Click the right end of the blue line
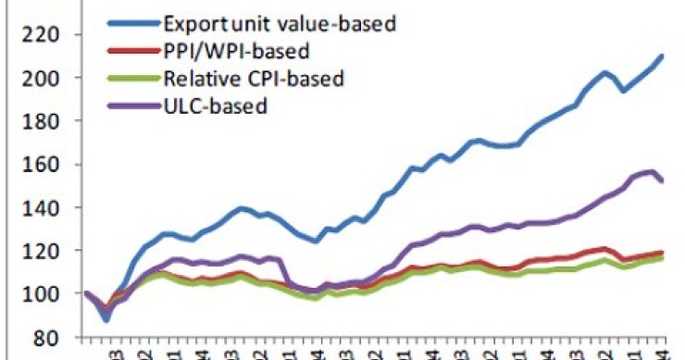pyautogui.click(x=661, y=56)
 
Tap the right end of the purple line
pyautogui.click(x=661, y=180)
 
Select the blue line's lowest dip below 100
pyautogui.click(x=106, y=319)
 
